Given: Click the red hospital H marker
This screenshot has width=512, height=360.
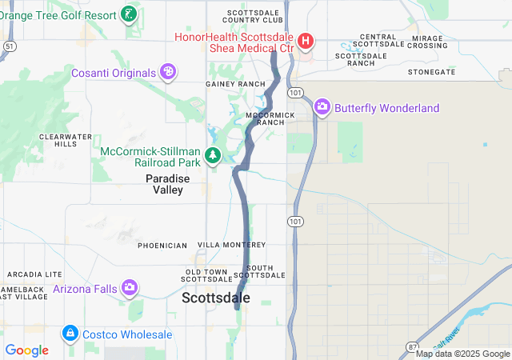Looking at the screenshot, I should point(304,41).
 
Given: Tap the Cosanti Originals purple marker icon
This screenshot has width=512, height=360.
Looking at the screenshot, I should point(168,73).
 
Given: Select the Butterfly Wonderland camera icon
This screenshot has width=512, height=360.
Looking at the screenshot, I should point(322,106).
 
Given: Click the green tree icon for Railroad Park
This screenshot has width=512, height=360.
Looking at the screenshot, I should point(213,154).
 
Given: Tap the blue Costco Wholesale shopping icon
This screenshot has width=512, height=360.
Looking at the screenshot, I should point(70,333).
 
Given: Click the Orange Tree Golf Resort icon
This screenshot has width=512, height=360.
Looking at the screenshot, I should point(128,14).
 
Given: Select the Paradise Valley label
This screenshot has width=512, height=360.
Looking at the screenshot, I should point(168,184).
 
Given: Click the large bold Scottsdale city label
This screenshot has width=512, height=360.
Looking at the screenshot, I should point(216,298).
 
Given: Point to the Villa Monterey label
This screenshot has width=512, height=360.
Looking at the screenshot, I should point(231,244).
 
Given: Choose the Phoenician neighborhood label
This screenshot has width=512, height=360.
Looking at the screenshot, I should point(162,245).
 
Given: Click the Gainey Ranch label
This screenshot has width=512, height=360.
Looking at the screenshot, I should point(235,84).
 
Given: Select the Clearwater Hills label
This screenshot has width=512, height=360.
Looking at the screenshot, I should point(59,140).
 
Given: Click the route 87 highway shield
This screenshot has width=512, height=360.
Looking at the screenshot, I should point(410,351).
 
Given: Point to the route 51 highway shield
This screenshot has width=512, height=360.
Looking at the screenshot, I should point(8,46).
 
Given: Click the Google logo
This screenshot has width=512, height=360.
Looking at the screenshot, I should point(26,350).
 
